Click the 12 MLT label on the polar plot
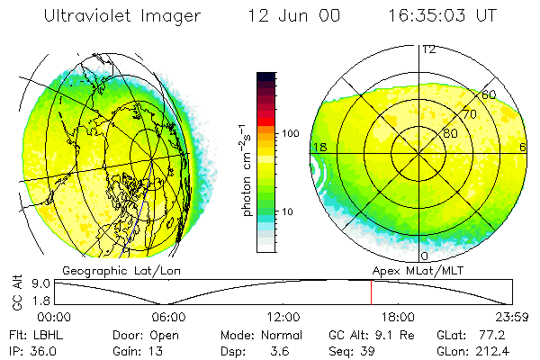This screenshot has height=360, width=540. (x=429, y=49)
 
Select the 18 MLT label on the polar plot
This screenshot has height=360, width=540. (x=318, y=147)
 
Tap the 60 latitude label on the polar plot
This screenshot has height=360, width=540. (x=489, y=94)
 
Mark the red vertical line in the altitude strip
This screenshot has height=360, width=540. (x=371, y=292)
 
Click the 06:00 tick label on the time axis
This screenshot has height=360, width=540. (x=169, y=316)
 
